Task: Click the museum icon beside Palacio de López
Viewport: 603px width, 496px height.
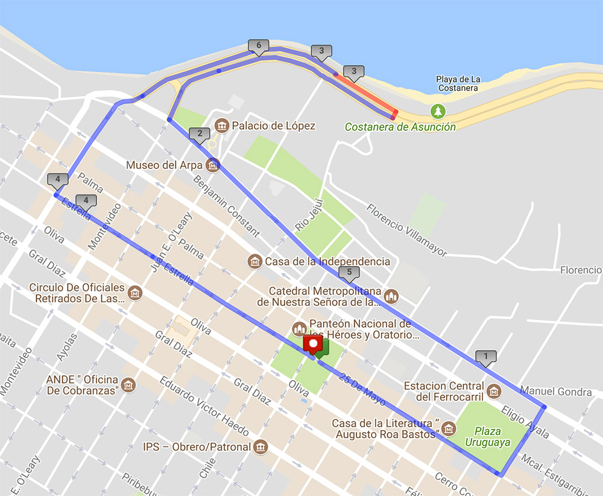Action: [x=221, y=126]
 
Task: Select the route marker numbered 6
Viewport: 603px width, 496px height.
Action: [x=258, y=46]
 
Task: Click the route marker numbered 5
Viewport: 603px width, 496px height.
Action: [x=349, y=273]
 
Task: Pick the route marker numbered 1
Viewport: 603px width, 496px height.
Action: [x=485, y=357]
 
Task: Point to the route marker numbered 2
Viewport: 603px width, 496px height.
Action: [x=198, y=135]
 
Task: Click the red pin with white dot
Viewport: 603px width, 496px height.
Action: [x=313, y=345]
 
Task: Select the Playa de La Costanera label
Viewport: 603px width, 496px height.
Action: [x=458, y=83]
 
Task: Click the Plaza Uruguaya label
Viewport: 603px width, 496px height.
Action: [x=487, y=437]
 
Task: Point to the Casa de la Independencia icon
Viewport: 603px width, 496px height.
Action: [x=255, y=261]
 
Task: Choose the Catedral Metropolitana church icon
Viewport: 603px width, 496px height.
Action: [x=393, y=296]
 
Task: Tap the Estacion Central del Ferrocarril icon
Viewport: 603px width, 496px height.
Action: [x=494, y=391]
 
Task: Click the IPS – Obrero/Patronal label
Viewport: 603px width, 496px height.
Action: [x=197, y=447]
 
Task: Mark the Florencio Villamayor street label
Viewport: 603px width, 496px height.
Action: [x=407, y=229]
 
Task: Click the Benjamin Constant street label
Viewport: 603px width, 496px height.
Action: [x=226, y=205]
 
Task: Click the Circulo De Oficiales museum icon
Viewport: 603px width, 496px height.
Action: [x=136, y=293]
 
